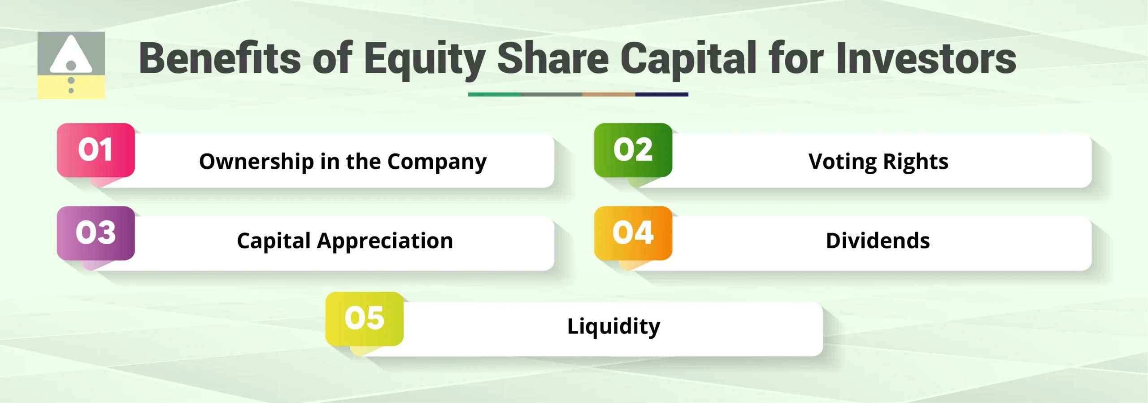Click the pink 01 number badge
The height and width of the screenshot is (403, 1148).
point(96,150)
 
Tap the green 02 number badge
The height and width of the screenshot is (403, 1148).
point(633,150)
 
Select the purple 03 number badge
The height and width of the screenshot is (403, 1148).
point(96,233)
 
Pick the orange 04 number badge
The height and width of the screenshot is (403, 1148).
point(633,233)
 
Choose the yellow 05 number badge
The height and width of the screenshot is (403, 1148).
point(364,319)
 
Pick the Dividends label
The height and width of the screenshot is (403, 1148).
point(878,241)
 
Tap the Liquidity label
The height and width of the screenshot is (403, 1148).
point(613,326)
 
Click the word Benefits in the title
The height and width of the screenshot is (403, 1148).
point(220,58)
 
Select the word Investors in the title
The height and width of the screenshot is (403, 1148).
point(926,58)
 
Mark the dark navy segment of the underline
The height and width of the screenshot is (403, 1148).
point(661,95)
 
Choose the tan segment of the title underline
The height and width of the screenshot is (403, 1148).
point(609,95)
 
